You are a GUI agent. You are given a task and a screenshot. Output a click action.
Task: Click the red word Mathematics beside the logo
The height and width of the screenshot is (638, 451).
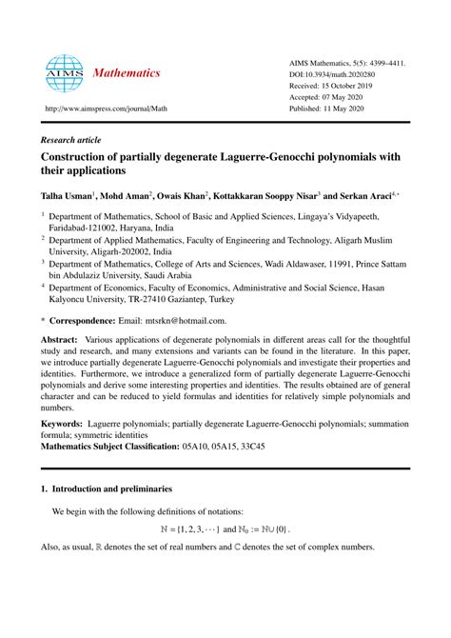[119, 73]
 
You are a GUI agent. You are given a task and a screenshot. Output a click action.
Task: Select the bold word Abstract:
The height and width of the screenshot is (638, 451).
[58, 339]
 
